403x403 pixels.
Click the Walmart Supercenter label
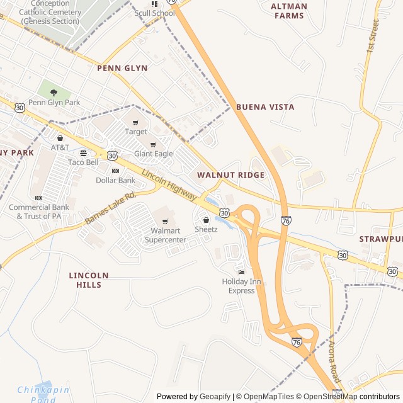166,235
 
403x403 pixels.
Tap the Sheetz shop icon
206,220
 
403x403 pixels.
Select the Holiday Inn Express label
241,286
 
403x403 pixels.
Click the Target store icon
135,122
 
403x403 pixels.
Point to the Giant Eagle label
153,154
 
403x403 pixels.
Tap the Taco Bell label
83,162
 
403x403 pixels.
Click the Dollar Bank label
115,180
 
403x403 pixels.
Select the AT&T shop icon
60,138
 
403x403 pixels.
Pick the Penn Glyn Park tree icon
54,93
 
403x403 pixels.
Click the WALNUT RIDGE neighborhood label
230,174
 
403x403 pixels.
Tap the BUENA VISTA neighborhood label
265,107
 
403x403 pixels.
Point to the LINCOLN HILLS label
89,280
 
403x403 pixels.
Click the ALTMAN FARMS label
289,11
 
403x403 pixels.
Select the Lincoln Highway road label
168,186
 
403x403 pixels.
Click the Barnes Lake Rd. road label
110,208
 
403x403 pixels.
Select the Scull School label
155,13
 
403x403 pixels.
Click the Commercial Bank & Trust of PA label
39,212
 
